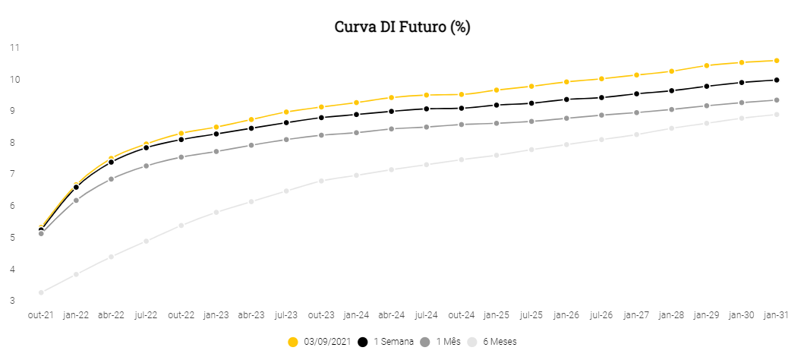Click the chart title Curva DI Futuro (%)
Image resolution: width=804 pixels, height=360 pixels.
tap(402, 27)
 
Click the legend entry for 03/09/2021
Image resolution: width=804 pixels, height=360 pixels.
tap(319, 342)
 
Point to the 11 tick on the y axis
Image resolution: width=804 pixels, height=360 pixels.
tap(14, 47)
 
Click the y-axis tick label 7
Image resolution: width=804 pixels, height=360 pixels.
tap(14, 174)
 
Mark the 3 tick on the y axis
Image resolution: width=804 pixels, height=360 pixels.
tap(14, 301)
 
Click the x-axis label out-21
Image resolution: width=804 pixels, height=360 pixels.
tap(41, 314)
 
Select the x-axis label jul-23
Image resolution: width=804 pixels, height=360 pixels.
tap(286, 314)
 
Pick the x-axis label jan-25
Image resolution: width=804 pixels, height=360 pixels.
tap(497, 314)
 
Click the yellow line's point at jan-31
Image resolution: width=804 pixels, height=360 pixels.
tap(777, 60)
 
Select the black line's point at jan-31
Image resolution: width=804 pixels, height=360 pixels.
tap(777, 80)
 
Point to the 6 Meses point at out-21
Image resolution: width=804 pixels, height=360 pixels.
tap(41, 292)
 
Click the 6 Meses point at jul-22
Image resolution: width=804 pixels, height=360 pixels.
tap(146, 242)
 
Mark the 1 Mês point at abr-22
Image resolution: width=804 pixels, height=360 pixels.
tap(111, 179)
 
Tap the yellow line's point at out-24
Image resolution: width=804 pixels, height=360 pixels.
tap(462, 94)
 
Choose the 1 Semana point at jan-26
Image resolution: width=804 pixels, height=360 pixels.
tap(566, 99)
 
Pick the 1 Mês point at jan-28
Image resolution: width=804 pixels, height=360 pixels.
tap(672, 109)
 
